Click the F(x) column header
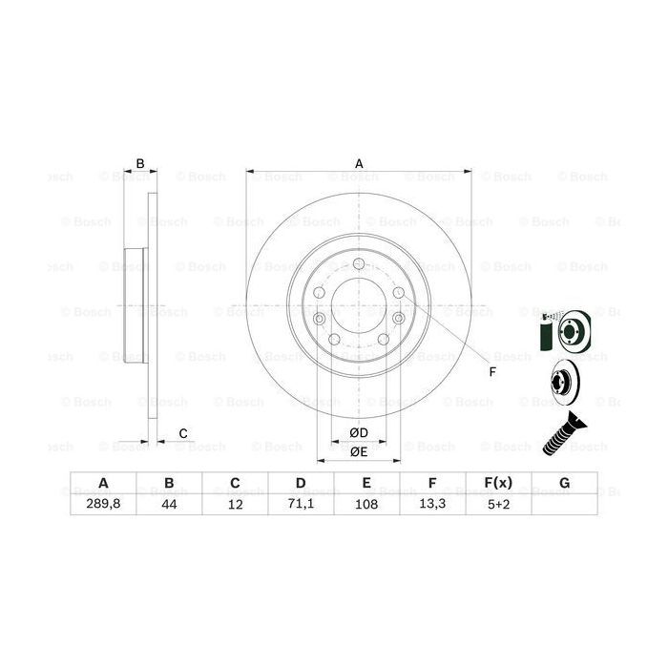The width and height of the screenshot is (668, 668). click(x=499, y=484)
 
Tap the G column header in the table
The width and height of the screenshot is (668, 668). click(x=565, y=484)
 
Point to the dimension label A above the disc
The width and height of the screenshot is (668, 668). click(x=359, y=164)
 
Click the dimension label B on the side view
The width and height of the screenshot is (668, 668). click(x=139, y=164)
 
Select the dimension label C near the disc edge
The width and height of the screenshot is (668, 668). click(x=181, y=435)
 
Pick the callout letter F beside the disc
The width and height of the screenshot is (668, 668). click(x=492, y=370)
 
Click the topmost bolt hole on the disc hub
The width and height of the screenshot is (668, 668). click(x=358, y=264)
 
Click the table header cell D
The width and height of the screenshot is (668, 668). click(x=301, y=484)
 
